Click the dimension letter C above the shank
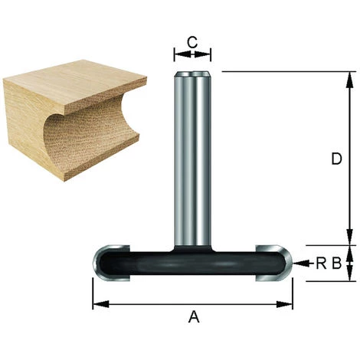click(192, 42)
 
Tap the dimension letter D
click(336, 159)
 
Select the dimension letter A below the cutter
click(194, 316)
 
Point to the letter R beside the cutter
click(321, 263)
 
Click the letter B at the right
click(336, 263)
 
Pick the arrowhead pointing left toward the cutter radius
click(301, 263)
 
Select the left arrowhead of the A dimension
click(101, 304)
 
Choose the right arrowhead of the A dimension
click(284, 304)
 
